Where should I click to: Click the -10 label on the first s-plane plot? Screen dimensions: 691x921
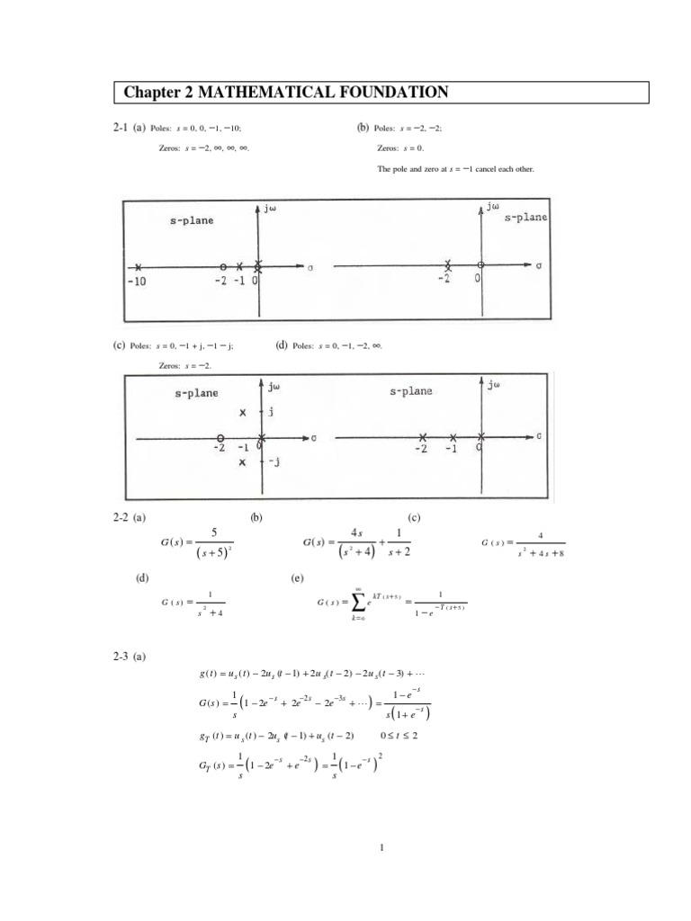click(138, 281)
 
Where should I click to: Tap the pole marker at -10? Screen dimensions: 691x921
click(138, 267)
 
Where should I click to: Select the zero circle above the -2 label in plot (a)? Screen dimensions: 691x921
click(222, 267)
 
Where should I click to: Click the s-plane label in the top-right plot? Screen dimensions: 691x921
click(525, 217)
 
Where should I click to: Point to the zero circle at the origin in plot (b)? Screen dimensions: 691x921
click(480, 264)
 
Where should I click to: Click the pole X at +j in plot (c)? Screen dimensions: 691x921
click(242, 413)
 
